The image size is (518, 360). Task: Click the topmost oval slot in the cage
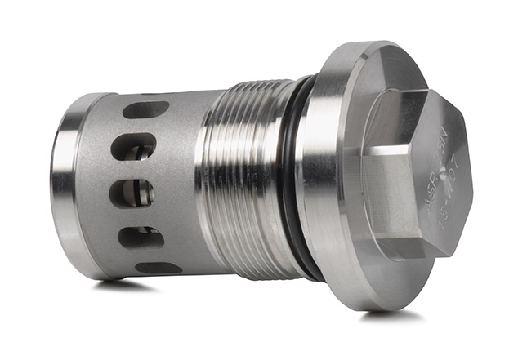(146, 109)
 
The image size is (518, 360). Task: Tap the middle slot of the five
(133, 194)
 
